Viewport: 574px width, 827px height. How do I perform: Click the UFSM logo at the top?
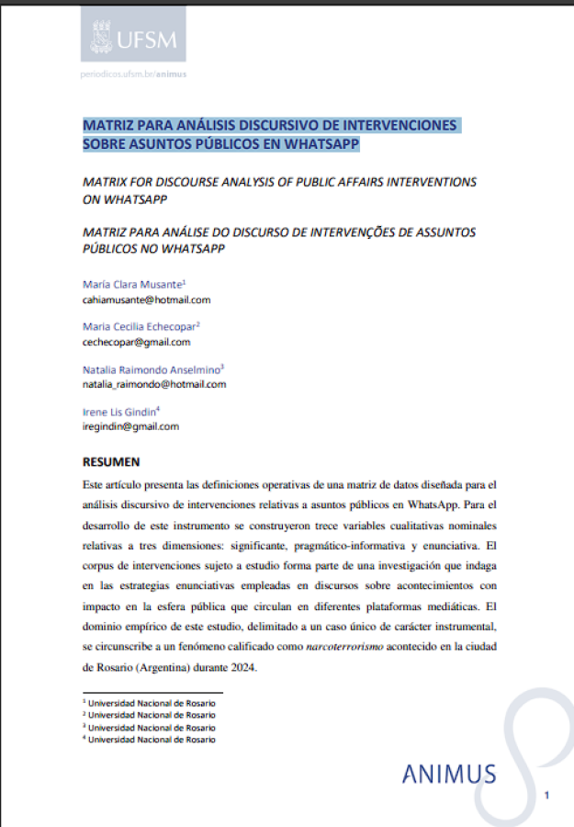pos(133,37)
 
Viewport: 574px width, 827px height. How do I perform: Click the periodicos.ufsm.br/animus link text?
pos(133,74)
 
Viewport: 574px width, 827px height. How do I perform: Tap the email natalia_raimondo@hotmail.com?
pos(153,384)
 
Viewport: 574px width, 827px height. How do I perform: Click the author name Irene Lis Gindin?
pos(119,412)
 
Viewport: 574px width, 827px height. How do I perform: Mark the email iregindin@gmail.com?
pos(130,426)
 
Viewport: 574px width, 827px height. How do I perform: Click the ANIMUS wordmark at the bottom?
pos(448,774)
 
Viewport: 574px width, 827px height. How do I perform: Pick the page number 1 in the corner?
pos(547,794)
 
